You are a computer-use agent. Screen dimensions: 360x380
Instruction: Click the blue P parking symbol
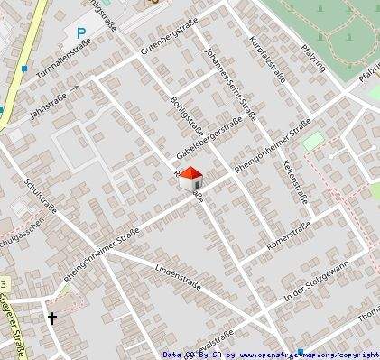coord(81,34)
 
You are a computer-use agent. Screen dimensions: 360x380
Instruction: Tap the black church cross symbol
coord(52,318)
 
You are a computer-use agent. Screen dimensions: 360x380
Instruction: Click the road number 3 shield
coord(4,283)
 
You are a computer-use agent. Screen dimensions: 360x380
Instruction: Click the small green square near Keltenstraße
coord(312,141)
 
